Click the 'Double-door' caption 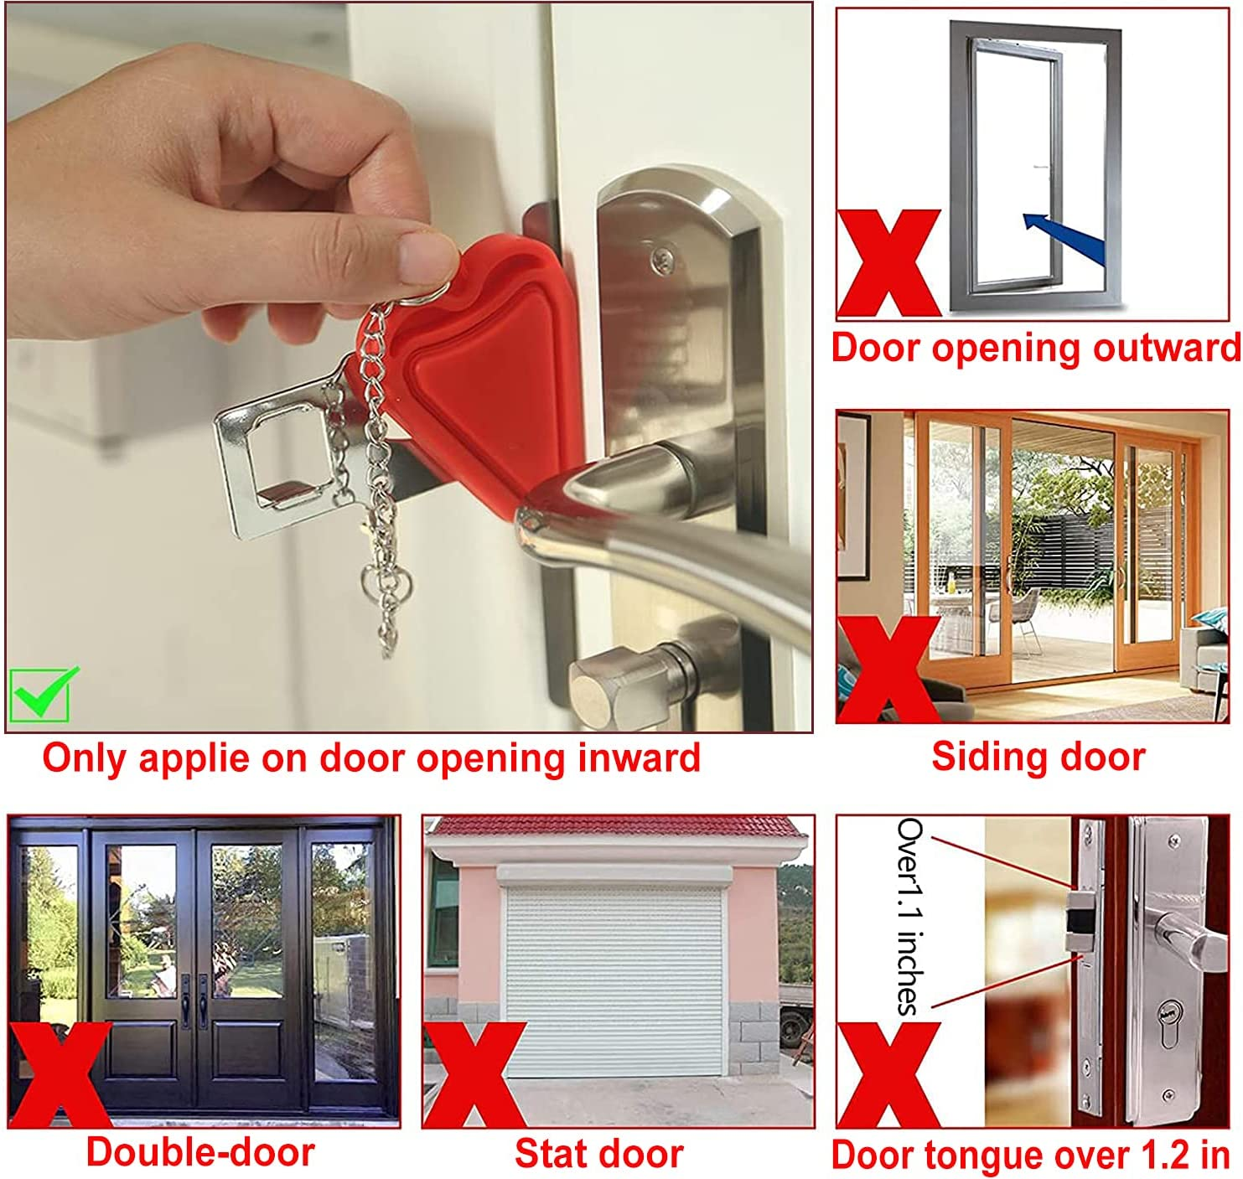200,1152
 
